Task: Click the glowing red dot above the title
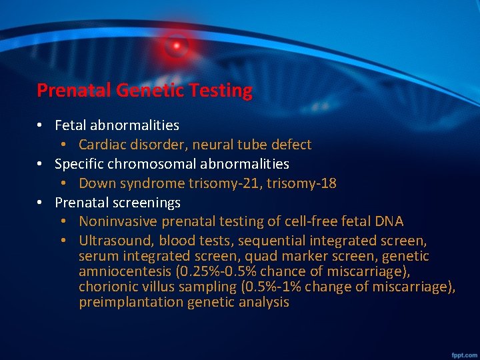coord(177,45)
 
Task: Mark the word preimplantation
coord(131,303)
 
